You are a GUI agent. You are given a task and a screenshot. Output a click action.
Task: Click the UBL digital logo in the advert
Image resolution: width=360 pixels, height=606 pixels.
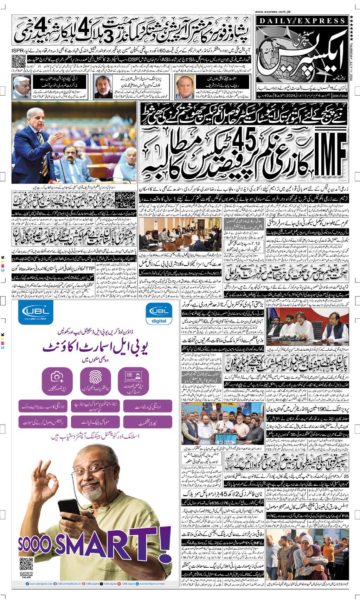159,315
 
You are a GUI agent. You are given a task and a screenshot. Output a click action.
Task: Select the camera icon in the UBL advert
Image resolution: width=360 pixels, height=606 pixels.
57,378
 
